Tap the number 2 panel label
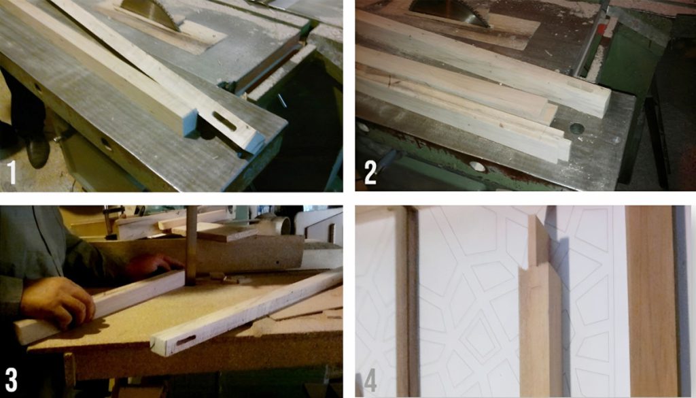tap(370, 173)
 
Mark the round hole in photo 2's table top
tap(577, 127)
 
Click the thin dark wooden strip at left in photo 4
tap(411, 299)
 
